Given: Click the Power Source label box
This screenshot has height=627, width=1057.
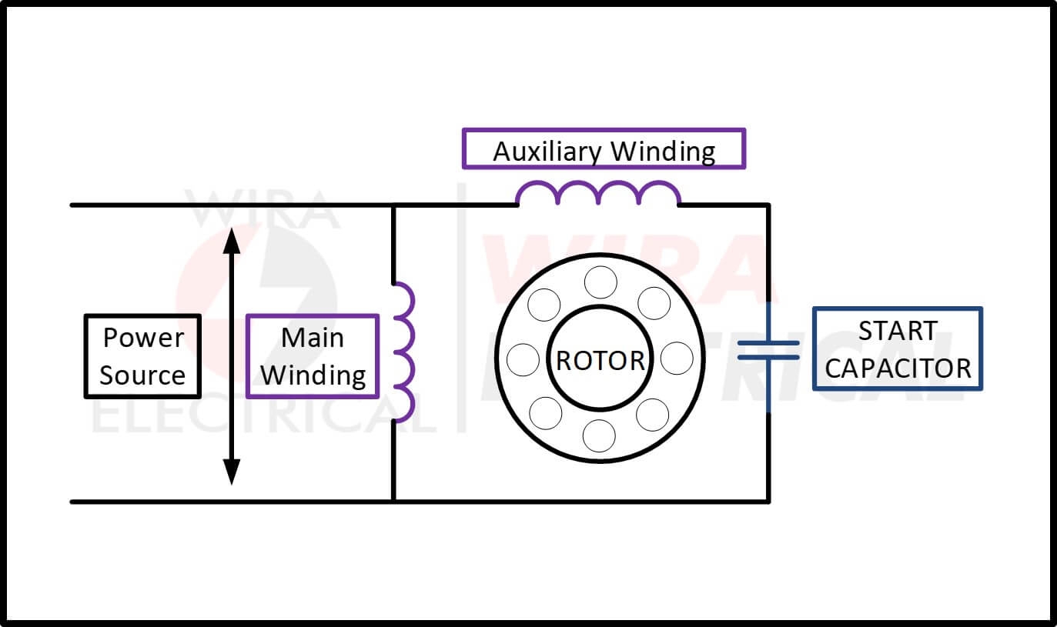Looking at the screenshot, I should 142,356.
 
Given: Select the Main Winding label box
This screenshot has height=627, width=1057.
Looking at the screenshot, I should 312,356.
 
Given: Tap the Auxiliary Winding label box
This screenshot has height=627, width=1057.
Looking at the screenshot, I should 604,148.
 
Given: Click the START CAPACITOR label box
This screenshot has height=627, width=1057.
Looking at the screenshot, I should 897,349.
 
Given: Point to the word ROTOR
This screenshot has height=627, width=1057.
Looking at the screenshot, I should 600,360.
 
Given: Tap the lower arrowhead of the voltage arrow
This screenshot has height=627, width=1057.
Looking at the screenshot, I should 231,471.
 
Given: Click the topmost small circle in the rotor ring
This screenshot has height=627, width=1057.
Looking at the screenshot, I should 600,282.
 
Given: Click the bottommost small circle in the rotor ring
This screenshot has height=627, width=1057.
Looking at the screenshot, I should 599,436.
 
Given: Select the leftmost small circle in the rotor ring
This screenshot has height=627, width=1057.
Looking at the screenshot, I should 523,359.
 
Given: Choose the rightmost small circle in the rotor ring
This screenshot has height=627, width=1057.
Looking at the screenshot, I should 677,359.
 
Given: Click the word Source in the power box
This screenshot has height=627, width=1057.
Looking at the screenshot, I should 142,375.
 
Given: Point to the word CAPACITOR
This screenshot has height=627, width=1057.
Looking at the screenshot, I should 898,368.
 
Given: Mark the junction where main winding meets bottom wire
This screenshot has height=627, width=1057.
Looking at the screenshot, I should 393,502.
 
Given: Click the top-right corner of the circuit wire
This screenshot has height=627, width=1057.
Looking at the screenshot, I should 768,205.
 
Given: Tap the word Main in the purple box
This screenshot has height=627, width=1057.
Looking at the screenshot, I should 312,338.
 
